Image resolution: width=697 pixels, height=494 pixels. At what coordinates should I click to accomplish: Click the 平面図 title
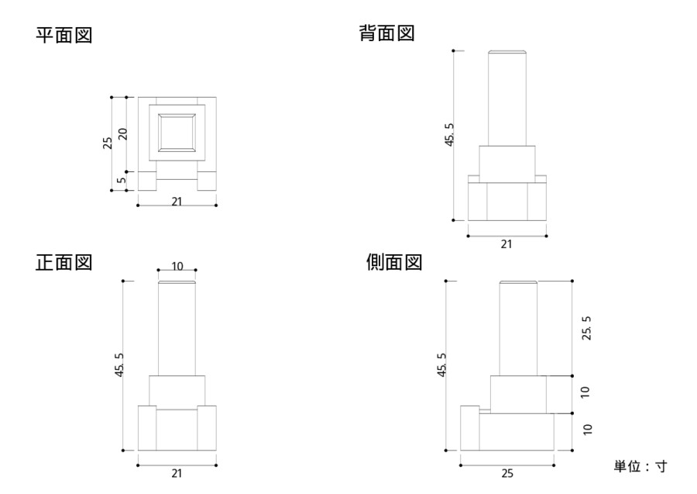pos(64,36)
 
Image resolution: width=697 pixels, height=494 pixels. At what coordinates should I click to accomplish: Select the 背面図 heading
pos(387,33)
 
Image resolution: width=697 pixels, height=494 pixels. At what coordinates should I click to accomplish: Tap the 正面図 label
pos(64,262)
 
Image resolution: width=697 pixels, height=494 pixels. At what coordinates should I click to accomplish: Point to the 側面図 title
pos(393,262)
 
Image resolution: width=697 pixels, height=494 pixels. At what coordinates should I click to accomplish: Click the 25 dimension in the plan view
pos(108,142)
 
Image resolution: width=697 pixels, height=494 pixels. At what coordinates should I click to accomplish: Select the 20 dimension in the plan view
pos(122,134)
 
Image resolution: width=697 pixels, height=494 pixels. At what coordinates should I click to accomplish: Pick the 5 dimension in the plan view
pos(122,181)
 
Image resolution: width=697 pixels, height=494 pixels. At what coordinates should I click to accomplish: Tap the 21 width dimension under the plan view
pos(177,201)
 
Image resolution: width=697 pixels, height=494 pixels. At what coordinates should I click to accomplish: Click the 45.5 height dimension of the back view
pos(449,136)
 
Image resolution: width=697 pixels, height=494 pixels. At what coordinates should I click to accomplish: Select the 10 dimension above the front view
pos(177,266)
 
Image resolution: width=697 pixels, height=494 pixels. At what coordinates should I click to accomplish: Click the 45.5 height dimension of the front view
pos(118,365)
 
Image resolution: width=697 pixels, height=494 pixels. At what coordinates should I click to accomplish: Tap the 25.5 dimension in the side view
pos(586,327)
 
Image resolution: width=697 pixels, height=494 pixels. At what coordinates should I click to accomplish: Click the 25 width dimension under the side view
pos(507,473)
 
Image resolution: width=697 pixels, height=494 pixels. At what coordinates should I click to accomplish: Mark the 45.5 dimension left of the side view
pos(441,365)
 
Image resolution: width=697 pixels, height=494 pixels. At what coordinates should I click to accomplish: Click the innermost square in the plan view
pos(177,132)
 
